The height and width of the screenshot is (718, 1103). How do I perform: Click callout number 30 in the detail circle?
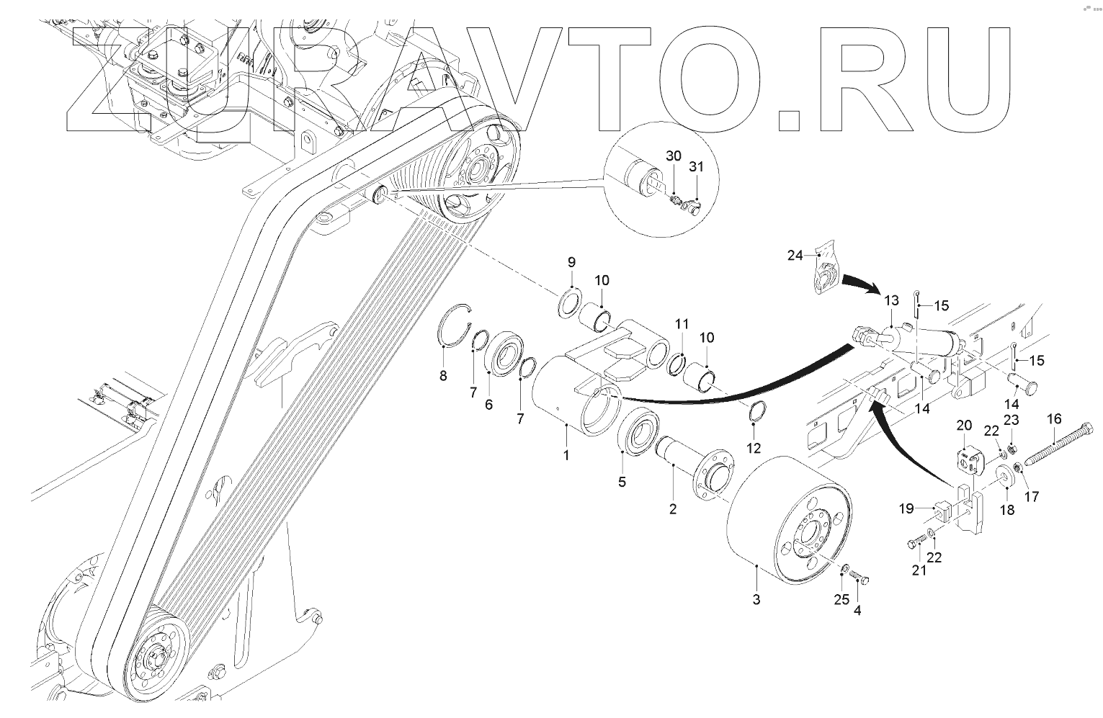[x=673, y=156]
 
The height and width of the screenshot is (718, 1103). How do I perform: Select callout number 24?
[x=795, y=255]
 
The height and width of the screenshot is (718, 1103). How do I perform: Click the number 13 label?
[x=891, y=300]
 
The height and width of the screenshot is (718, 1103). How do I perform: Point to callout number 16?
[x=1054, y=418]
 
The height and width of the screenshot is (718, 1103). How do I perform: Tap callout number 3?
[x=756, y=599]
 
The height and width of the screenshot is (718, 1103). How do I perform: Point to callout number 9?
[x=571, y=261]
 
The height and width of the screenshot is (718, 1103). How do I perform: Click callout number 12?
[x=753, y=448]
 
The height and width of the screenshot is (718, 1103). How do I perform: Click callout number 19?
[x=906, y=508]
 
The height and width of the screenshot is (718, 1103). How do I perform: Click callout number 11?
[x=682, y=325]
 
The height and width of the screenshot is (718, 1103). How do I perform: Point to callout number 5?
[x=622, y=482]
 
